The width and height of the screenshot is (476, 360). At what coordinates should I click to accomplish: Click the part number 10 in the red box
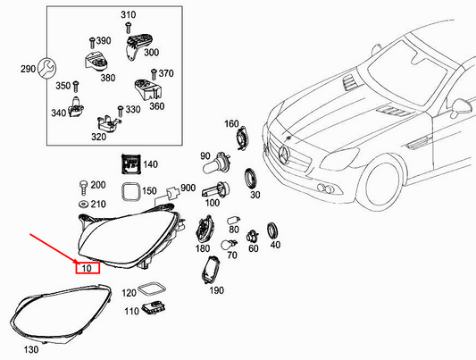(x=87, y=267)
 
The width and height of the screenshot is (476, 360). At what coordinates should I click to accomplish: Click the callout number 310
(x=128, y=16)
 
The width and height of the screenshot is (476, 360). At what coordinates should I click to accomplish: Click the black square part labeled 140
(x=129, y=164)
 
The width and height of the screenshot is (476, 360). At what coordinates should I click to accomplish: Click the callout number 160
(x=230, y=123)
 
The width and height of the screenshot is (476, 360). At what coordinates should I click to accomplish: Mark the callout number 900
(x=188, y=188)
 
